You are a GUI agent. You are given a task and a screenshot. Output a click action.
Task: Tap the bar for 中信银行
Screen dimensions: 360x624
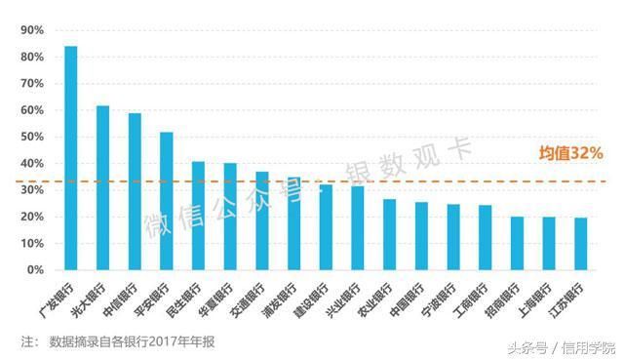pos(135,191)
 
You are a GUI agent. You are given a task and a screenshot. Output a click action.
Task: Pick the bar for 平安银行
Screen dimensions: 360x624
pos(167,201)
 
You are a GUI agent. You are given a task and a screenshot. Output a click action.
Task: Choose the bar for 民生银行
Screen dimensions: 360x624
pos(198,216)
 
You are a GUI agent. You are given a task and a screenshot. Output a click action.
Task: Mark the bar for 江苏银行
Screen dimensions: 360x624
pos(581,244)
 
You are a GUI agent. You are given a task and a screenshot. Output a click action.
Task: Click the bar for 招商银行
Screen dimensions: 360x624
pos(517,243)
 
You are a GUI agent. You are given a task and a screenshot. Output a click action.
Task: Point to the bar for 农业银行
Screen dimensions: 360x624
pos(389,234)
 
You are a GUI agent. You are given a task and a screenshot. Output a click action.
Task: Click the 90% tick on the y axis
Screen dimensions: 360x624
pos(32,30)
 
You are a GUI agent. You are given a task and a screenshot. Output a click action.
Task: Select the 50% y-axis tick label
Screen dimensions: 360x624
pos(32,137)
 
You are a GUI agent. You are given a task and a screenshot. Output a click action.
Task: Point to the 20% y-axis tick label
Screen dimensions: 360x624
pos(32,217)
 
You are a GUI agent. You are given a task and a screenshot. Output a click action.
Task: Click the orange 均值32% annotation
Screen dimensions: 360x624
pos(571,153)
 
